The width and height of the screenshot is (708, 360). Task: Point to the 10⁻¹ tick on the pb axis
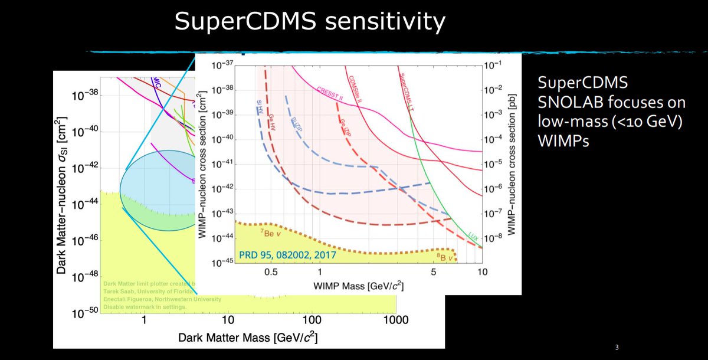point(496,66)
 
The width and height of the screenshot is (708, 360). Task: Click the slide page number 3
point(616,347)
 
